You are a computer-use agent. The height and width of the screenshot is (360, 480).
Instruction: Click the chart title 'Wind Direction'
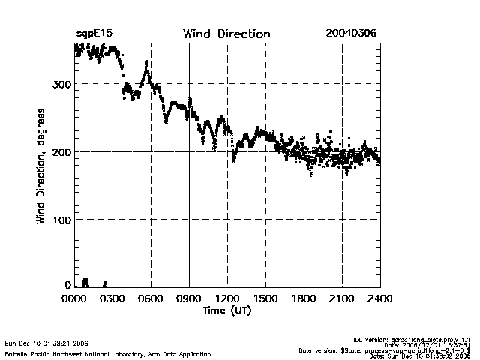coord(226,34)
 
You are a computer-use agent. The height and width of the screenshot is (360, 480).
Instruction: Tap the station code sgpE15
coord(94,34)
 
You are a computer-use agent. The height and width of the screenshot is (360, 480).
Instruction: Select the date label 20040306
coord(352,34)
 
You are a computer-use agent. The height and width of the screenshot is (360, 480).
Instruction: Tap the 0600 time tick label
coord(151,298)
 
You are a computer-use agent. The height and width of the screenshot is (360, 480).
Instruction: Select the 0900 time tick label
coord(190,298)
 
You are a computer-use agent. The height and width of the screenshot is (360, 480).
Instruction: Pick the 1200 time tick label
coord(227,298)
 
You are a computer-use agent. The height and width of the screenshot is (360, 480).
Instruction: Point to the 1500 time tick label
coord(265,298)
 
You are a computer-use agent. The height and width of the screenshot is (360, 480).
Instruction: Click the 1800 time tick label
coord(304,298)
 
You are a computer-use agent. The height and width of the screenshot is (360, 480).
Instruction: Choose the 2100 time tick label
coord(342,298)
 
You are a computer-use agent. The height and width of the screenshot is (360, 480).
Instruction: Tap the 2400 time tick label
coord(379,298)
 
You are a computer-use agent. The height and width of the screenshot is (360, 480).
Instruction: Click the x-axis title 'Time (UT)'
coord(227,310)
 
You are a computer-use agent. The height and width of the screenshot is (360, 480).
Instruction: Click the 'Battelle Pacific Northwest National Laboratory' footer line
coord(107,353)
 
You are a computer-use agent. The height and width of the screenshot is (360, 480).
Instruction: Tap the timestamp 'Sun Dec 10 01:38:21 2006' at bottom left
coord(46,342)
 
